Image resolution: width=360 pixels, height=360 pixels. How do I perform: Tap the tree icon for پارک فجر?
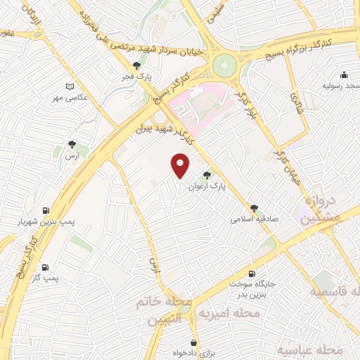pyautogui.click(x=146, y=65)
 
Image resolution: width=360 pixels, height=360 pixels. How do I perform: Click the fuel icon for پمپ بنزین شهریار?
pyautogui.click(x=46, y=210)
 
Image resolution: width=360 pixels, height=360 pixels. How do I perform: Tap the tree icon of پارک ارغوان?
pyautogui.click(x=207, y=175)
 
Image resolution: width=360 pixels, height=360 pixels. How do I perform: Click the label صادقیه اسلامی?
pyautogui.click(x=255, y=219)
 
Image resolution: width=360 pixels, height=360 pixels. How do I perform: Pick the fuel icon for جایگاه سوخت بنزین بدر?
pyautogui.click(x=252, y=274)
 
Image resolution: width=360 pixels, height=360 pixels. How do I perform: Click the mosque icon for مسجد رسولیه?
pyautogui.click(x=344, y=75)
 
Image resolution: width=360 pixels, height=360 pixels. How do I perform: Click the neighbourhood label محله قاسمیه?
pyautogui.click(x=337, y=291)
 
